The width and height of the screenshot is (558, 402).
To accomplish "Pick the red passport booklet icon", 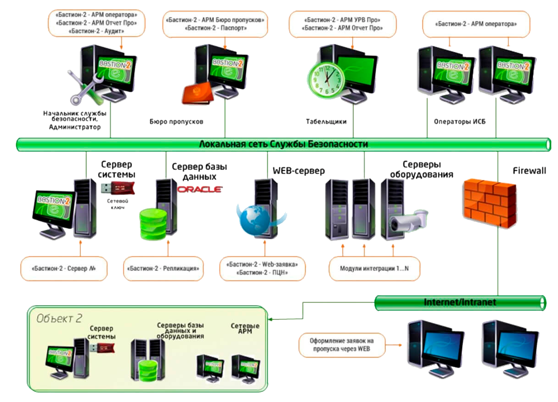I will tap(197, 94).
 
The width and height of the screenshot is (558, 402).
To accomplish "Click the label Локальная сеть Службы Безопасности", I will tap(283, 144).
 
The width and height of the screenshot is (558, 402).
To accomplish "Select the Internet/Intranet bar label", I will tap(460, 303).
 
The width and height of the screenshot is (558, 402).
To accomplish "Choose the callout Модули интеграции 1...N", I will tap(374, 268).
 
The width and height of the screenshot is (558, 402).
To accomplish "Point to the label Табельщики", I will tap(326, 122).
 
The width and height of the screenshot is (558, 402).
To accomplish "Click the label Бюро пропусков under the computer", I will tap(176, 122).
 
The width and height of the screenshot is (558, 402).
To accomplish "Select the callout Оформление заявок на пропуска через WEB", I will tap(342, 346).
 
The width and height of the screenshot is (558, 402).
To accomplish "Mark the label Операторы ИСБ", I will tap(459, 122).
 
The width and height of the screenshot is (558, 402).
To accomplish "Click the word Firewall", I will tap(530, 171).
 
